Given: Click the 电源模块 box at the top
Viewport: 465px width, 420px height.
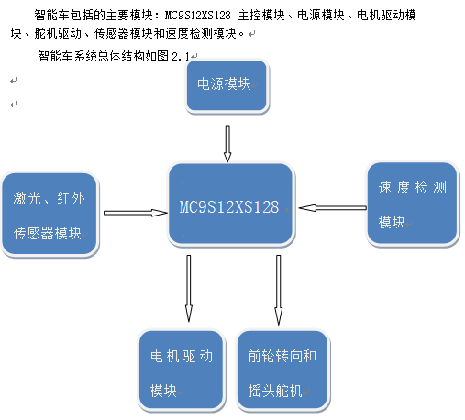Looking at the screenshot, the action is click(227, 85).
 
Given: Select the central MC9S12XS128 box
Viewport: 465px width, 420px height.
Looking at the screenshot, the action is click(231, 204).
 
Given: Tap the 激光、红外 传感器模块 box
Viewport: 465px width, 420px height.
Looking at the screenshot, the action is click(50, 215).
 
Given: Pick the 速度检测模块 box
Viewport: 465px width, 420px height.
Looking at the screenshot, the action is click(413, 204).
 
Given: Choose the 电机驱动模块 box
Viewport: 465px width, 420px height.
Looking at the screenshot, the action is click(182, 370).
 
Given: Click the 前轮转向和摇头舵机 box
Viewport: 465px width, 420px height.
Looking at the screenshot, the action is click(283, 370).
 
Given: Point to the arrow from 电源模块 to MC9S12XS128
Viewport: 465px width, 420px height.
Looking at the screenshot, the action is click(227, 143).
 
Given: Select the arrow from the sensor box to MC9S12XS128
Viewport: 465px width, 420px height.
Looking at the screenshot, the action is click(136, 213).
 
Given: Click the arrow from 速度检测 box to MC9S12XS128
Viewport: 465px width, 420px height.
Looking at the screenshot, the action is click(333, 208).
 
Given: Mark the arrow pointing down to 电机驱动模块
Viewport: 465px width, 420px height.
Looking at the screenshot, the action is click(189, 288).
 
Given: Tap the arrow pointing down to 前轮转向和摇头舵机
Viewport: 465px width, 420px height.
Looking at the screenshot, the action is click(278, 290).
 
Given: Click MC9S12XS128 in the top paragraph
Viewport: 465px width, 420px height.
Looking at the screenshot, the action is click(197, 15).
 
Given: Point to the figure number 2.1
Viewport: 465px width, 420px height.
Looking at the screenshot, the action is click(181, 56).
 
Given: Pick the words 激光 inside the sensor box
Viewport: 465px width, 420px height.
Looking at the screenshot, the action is click(27, 198).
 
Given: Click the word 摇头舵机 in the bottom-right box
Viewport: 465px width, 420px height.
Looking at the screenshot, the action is click(275, 391).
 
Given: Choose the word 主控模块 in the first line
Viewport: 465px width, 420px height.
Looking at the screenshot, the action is click(261, 15).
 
